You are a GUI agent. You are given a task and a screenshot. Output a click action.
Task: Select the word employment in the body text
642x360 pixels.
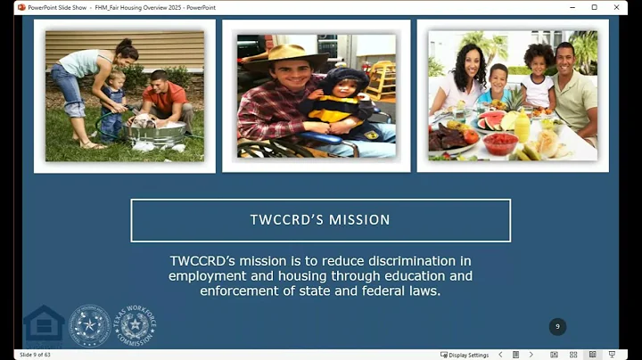[209, 276]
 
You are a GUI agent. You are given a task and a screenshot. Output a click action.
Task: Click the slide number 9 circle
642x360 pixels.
[557, 326]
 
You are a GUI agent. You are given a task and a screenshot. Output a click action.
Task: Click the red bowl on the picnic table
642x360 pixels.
[500, 142]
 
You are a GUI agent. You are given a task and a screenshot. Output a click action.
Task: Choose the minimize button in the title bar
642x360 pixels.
[570, 7]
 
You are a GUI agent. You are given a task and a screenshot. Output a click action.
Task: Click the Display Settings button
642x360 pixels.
[465, 355]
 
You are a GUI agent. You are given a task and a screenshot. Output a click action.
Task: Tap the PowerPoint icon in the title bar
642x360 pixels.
[21, 7]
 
